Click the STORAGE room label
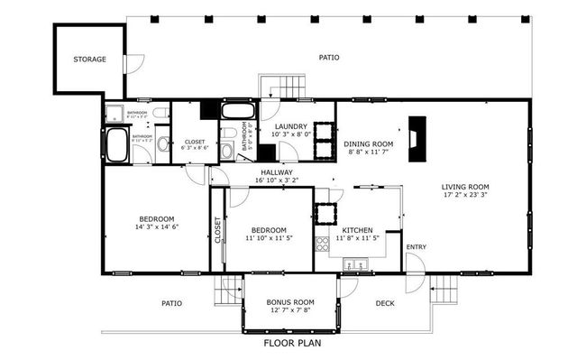click(90, 60)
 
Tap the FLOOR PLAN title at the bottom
click(291, 343)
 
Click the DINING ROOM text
click(368, 143)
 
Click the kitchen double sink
click(358, 264)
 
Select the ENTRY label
click(416, 247)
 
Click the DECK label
click(385, 303)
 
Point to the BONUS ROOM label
click(289, 302)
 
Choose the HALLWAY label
click(276, 172)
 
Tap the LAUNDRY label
click(290, 126)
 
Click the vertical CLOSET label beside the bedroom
click(217, 230)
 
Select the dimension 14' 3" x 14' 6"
click(156, 226)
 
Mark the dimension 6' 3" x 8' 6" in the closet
click(194, 149)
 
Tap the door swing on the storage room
click(133, 63)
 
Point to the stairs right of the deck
click(444, 291)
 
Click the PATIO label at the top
click(329, 57)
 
